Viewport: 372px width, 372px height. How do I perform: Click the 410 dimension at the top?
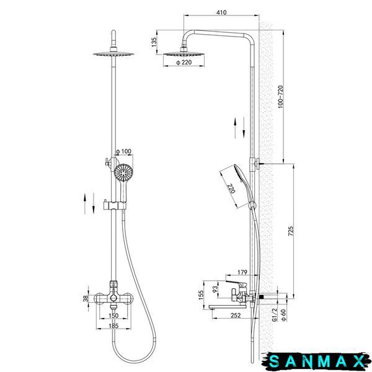221,12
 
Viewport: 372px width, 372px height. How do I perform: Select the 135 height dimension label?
154,42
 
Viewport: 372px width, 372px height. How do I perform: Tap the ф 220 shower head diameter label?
184,63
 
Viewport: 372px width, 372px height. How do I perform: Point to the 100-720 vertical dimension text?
280,97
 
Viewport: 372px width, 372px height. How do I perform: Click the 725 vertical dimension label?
291,231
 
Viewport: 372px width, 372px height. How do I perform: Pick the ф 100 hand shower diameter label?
123,151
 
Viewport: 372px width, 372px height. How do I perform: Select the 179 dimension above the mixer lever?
242,272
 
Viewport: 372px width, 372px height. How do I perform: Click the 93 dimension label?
215,289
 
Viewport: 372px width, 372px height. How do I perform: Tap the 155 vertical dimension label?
201,295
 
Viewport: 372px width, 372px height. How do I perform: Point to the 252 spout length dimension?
236,315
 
